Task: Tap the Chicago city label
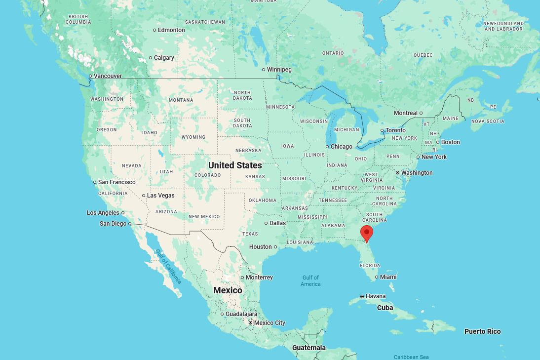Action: click(x=342, y=147)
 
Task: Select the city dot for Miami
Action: click(x=377, y=277)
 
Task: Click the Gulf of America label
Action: click(x=310, y=280)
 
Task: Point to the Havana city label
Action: click(x=376, y=296)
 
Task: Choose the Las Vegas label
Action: click(x=160, y=196)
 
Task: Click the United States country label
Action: click(x=235, y=165)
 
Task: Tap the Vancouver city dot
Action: click(x=90, y=76)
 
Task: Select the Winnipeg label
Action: click(x=279, y=70)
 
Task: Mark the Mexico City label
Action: click(x=270, y=323)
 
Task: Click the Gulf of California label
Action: click(x=168, y=266)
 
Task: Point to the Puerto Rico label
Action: click(x=482, y=331)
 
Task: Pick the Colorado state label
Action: click(x=207, y=175)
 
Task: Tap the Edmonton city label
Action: click(x=172, y=30)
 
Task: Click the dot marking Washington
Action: click(x=397, y=173)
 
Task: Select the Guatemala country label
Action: click(x=309, y=348)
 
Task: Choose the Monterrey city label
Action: click(x=259, y=278)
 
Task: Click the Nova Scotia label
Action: click(x=488, y=121)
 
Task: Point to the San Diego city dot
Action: click(x=130, y=224)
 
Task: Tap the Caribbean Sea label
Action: click(x=411, y=357)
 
